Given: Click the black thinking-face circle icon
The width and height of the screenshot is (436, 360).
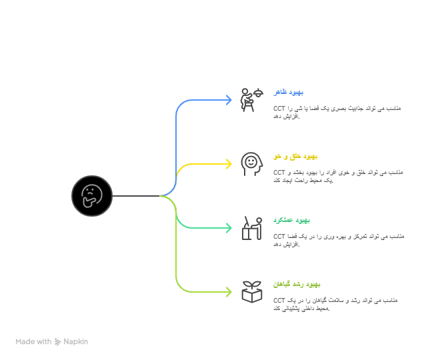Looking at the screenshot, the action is pos(92,196).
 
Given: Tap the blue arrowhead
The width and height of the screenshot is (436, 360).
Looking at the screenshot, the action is pos(229,100).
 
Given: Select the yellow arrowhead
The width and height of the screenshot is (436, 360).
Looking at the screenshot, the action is pos(229,164).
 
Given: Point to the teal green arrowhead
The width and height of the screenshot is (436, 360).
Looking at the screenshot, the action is pos(229,228).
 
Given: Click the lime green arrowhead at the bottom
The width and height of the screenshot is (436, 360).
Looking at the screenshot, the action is pos(229,292).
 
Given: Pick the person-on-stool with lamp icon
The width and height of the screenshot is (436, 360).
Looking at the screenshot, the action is pos(251,100).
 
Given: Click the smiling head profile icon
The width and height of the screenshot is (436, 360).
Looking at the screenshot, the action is pos(251,164).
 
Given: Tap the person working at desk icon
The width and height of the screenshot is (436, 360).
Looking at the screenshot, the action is pos(251,228).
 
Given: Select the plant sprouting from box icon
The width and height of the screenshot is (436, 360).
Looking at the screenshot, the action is pos(251,292).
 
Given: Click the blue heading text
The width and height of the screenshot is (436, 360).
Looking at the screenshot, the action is pos(288,92).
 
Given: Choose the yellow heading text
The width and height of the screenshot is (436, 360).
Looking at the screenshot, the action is pos(295,157).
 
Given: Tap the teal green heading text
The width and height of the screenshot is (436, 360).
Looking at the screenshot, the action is pos(291,221).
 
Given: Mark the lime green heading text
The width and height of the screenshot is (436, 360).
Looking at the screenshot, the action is pos(297,285).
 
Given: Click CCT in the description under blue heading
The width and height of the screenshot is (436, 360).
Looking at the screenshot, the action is pos(279,109).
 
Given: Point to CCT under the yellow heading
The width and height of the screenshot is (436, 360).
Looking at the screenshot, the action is pos(279,173).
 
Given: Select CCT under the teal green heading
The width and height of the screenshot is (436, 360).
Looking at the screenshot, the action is pos(279,236).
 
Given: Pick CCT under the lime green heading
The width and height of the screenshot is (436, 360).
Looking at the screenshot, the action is pos(279,300).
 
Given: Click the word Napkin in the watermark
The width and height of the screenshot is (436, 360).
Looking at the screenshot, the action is pos(75,341).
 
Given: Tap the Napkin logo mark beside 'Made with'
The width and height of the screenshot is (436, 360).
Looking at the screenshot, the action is pos(57,341).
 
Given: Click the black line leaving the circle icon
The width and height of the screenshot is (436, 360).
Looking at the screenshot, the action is pos(136,196).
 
